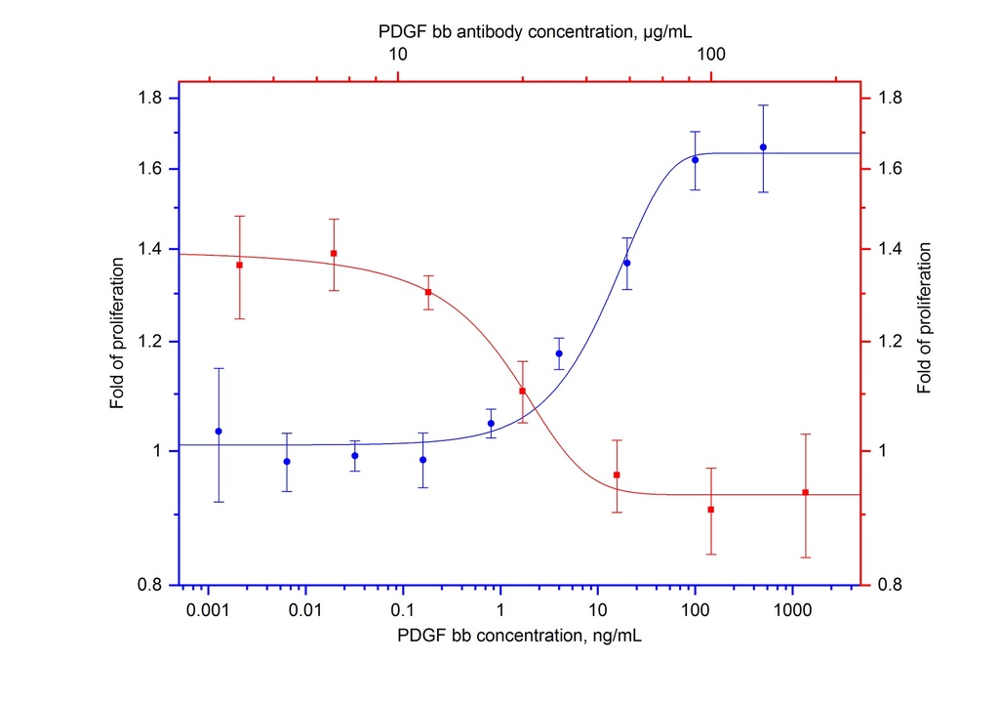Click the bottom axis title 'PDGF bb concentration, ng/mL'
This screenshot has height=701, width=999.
click(519, 637)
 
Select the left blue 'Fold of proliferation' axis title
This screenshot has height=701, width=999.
click(117, 333)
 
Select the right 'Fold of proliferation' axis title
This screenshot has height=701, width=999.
click(924, 318)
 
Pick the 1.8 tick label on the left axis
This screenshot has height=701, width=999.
click(152, 98)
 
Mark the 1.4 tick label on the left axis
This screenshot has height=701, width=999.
click(152, 249)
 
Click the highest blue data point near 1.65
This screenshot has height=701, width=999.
click(763, 147)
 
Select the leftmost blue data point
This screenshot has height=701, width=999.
click(219, 431)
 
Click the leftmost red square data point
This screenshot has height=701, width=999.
click(239, 265)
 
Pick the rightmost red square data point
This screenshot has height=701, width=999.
click(806, 492)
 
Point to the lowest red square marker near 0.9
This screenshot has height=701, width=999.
click(711, 510)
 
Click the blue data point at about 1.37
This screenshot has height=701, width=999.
click(627, 263)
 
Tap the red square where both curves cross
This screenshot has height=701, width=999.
click(523, 391)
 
